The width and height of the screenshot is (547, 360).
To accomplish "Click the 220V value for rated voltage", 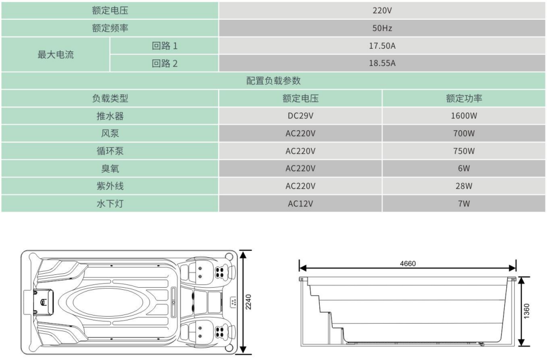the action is click(x=382, y=11).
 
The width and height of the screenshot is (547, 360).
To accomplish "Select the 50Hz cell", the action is click(x=382, y=28).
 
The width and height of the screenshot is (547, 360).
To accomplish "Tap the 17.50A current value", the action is click(x=382, y=46).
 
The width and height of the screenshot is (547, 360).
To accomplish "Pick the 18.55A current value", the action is click(x=382, y=63).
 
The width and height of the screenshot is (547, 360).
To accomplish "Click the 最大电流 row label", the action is click(x=56, y=55).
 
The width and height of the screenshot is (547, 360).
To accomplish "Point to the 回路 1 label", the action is click(x=164, y=46).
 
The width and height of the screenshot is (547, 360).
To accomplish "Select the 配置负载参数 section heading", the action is click(x=273, y=80).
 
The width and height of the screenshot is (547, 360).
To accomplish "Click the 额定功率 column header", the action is click(x=464, y=99).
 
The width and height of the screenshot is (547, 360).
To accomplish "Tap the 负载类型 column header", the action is click(x=110, y=99).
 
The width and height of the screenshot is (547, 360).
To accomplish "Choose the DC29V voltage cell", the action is click(x=301, y=116).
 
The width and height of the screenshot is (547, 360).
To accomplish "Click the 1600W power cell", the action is click(x=464, y=116).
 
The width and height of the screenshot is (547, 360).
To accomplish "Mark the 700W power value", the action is click(x=464, y=133).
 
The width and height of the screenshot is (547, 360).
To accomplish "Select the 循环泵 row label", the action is click(x=110, y=151).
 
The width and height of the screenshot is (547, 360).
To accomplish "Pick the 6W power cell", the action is click(x=464, y=169).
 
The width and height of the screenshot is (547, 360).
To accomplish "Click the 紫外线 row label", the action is click(x=110, y=186).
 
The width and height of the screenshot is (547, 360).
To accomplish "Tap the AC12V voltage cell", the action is click(x=301, y=204).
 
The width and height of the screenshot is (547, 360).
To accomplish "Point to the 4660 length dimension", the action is click(x=408, y=264).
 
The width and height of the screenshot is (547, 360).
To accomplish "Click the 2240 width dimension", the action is click(x=249, y=302).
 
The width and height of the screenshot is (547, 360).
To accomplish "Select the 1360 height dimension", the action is click(x=527, y=311).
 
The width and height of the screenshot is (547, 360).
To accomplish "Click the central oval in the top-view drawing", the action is click(x=107, y=302).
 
